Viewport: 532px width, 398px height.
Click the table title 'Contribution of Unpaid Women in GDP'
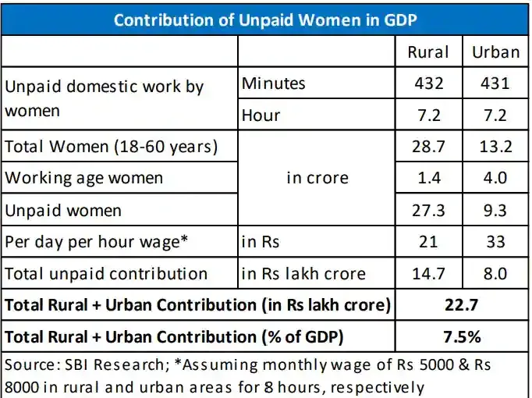(x=265, y=20)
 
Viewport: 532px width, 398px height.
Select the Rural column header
(x=428, y=52)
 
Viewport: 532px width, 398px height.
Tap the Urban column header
(x=495, y=52)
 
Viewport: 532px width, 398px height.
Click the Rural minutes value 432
(x=429, y=84)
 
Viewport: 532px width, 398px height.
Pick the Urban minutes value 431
(x=495, y=84)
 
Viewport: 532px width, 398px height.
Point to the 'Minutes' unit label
(x=274, y=84)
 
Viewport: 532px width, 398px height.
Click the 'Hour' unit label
(x=261, y=115)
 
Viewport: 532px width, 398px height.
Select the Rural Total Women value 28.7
(x=428, y=147)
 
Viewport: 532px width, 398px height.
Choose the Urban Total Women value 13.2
(x=495, y=147)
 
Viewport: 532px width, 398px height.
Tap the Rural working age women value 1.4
(x=429, y=178)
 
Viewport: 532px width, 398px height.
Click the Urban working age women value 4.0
(x=495, y=178)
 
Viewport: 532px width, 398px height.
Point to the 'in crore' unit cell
(x=317, y=178)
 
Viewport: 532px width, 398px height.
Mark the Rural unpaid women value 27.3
(x=428, y=211)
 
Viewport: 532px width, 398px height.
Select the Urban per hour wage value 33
(x=495, y=242)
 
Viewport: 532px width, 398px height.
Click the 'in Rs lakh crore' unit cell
(x=303, y=273)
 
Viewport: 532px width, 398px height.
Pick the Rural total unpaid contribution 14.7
(x=428, y=273)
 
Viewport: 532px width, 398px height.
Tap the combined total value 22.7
(x=462, y=304)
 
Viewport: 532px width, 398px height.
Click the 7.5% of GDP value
(x=462, y=337)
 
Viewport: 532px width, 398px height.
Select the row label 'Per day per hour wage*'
(x=97, y=242)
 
